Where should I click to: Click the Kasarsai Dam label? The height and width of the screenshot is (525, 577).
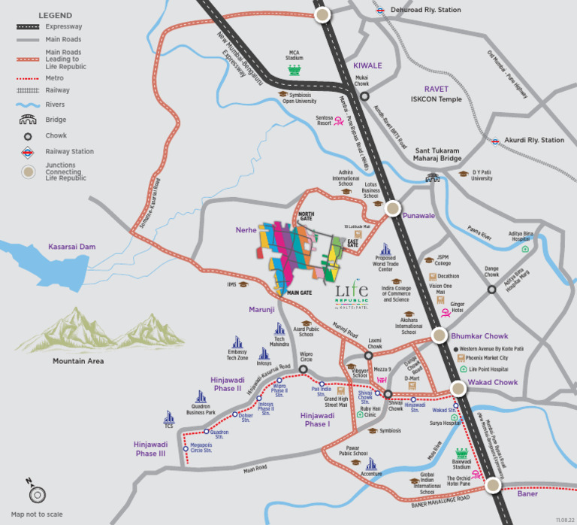(x=72, y=247)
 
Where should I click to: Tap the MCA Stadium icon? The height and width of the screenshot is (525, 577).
(x=295, y=70)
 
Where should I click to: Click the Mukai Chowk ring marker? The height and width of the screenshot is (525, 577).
(x=364, y=96)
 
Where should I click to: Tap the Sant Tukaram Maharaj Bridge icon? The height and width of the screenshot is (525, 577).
(x=432, y=178)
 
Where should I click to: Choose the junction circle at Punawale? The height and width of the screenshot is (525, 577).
(x=391, y=208)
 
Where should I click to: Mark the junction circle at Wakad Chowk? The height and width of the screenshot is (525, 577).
(x=458, y=387)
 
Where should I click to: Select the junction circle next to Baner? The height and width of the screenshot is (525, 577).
(x=492, y=485)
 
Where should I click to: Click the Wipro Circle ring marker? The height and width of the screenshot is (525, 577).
(x=304, y=369)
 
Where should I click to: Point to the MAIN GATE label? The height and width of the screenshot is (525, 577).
(x=299, y=293)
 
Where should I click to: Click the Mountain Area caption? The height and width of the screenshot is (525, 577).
(x=78, y=361)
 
